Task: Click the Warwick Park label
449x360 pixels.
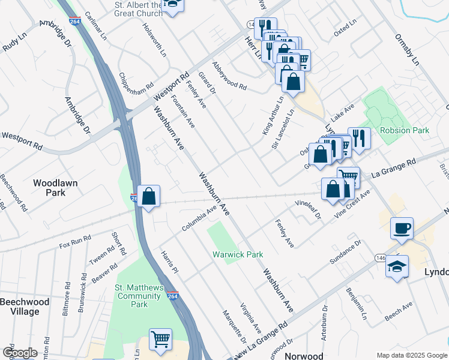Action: (238, 254)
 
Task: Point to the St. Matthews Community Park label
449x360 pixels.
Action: (139, 296)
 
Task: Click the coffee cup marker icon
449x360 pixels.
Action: (402, 228)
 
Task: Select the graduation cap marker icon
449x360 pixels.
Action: (397, 266)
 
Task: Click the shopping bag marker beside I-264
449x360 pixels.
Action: (149, 196)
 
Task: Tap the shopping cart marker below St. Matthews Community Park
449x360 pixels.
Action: (160, 340)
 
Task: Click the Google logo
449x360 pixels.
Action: (20, 353)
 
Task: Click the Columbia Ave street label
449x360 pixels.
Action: (199, 220)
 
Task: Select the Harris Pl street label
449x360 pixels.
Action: (170, 262)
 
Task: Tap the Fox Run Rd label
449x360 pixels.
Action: (75, 241)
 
